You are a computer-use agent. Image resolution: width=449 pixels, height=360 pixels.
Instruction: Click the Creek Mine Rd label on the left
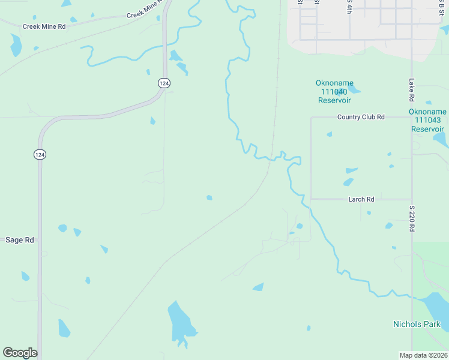[43, 26]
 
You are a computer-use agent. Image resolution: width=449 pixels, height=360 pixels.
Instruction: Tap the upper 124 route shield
[164, 83]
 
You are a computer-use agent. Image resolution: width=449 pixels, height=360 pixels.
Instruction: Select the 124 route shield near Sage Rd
[39, 154]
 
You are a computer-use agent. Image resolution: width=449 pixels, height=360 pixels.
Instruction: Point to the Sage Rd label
[19, 240]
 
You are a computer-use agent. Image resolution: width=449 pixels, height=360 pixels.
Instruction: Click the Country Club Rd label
[360, 117]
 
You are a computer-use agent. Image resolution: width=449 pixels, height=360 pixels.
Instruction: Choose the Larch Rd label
[361, 199]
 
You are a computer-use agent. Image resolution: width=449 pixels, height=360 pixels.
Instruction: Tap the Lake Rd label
[411, 89]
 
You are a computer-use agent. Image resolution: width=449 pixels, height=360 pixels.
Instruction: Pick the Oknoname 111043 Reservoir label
[427, 121]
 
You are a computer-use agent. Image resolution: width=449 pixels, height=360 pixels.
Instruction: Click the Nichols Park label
[417, 325]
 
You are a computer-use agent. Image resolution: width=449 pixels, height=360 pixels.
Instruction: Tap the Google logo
[20, 353]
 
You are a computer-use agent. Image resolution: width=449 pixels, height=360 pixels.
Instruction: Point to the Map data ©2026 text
[423, 355]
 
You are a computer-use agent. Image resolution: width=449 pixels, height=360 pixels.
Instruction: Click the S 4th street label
[349, 6]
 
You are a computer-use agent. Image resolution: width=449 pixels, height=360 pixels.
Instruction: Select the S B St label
[441, 6]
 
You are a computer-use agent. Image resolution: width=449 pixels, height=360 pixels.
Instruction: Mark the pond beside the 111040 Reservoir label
[354, 90]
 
